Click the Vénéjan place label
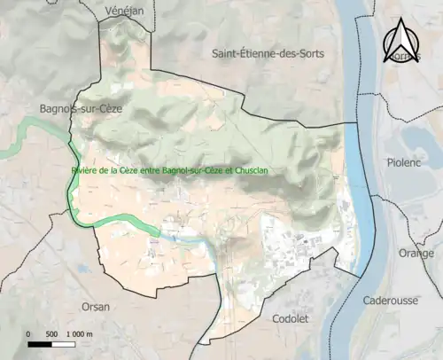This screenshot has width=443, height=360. click(124, 9)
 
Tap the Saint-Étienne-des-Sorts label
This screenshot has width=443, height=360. click(268, 53)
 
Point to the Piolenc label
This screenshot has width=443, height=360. click(405, 162)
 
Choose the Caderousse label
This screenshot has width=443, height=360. click(390, 301)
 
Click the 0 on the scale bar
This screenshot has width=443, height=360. click(28, 333)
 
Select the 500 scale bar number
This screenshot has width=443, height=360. click(52, 333)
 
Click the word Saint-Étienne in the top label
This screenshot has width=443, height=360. click(241, 53)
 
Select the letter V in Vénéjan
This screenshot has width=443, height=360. click(108, 9)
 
